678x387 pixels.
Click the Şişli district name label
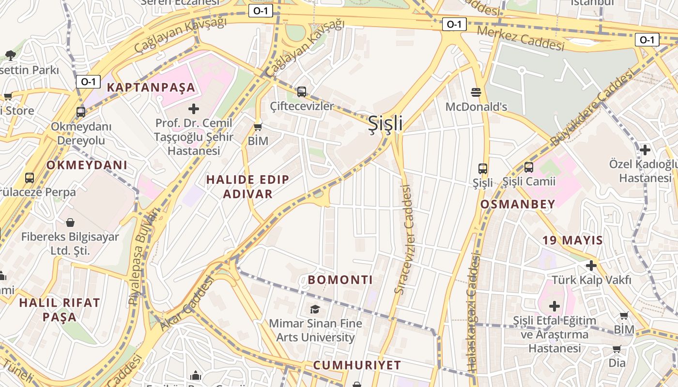pos(385,124)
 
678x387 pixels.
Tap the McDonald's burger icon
pos(476,92)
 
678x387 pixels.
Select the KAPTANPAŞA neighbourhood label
pos(151,88)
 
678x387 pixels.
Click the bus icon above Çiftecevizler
pos(302,91)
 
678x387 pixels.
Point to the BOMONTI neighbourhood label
pos(340,280)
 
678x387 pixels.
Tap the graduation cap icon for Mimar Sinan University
pos(315,309)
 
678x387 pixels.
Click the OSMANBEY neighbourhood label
pos(518,204)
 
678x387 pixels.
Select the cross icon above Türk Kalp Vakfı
pos(591,265)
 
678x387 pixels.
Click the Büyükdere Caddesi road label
pos(592,107)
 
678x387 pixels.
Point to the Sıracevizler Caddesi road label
pos(405,239)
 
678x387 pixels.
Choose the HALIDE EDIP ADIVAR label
pos(247,187)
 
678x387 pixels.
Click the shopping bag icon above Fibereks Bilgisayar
pos(70,223)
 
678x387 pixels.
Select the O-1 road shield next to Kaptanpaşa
pos(88,81)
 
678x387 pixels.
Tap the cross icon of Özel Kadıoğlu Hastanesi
pos(645,149)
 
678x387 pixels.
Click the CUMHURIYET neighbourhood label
pos(357,365)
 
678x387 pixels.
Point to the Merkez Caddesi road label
pos(521,39)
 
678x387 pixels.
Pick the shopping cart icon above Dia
pos(616,349)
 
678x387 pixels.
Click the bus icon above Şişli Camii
pos(529,167)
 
